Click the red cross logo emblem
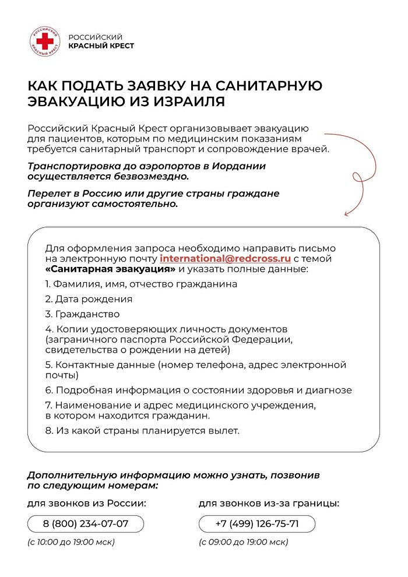tap(45, 41)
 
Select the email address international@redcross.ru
tap(225, 258)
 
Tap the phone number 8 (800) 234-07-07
tap(86, 523)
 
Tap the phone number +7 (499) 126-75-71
tap(257, 523)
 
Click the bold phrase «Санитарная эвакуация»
tap(110, 269)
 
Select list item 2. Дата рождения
tap(89, 299)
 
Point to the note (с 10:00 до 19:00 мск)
tap(71, 542)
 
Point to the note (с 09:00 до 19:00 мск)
tap(244, 542)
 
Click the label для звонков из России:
tap(86, 503)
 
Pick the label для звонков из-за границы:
tap(269, 503)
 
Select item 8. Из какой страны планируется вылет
tap(142, 431)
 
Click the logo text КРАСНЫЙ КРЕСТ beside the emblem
tap(101, 45)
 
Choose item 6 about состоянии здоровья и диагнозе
tap(198, 390)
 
